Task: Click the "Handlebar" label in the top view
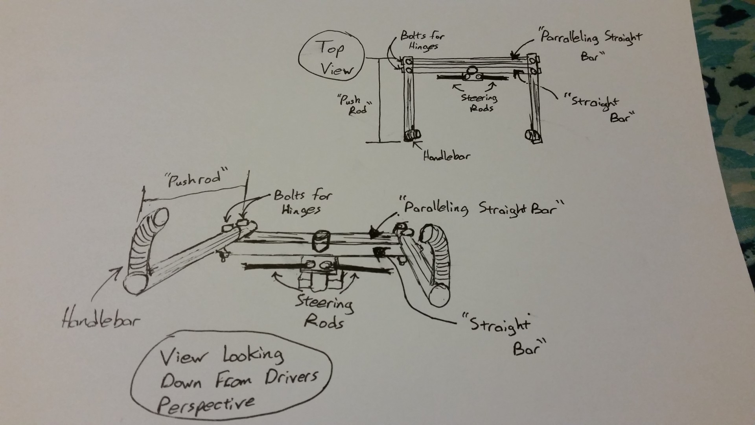tap(446, 156)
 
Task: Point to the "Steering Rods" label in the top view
tap(479, 102)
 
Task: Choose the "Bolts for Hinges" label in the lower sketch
tap(302, 202)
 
